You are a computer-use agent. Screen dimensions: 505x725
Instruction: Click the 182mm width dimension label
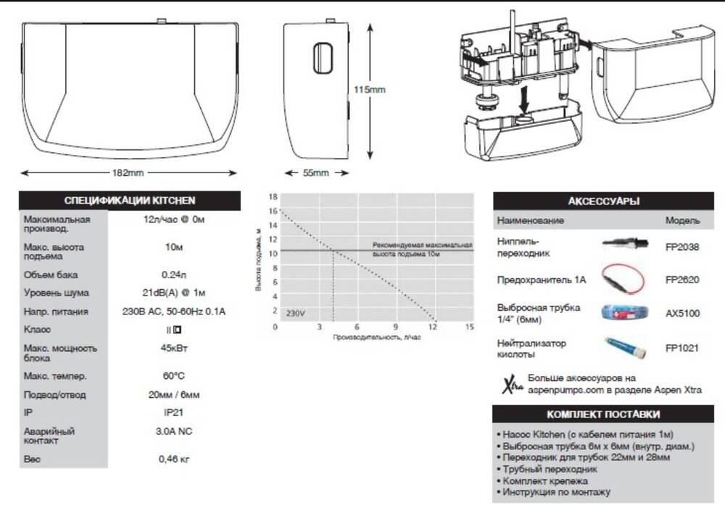[128, 173]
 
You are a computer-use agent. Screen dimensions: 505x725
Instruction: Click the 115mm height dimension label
[369, 90]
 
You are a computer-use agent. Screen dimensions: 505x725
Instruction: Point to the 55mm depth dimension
[315, 173]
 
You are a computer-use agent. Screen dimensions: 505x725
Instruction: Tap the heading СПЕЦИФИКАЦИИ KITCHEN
[129, 201]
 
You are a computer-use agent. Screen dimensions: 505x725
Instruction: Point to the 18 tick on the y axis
[273, 197]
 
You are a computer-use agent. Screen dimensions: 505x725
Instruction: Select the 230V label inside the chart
[296, 314]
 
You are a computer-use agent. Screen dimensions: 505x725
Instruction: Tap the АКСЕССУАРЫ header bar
[603, 201]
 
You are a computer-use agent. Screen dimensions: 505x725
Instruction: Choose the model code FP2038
[681, 246]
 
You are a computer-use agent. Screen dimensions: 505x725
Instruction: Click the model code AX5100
[681, 314]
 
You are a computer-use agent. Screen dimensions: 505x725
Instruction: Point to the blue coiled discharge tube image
[621, 313]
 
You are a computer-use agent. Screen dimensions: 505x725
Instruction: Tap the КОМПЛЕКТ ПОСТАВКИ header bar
[603, 414]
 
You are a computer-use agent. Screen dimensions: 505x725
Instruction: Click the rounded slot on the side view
[323, 58]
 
